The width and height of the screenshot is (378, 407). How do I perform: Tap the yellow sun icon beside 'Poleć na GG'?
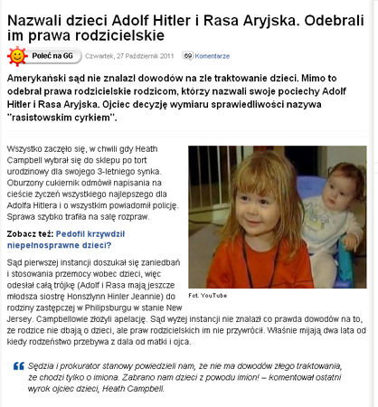[17, 56]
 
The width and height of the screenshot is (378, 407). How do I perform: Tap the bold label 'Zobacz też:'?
[28, 231]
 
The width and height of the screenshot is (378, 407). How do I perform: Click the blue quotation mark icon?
[18, 366]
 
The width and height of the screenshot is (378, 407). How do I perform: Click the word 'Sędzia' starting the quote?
[43, 365]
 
